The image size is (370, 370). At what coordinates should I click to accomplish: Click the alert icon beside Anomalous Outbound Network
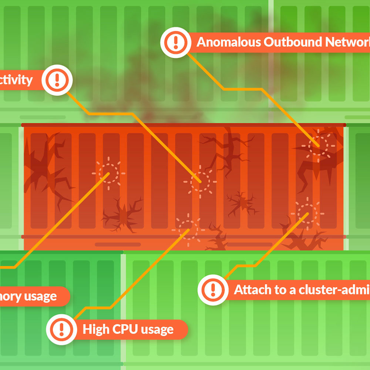coord(175,42)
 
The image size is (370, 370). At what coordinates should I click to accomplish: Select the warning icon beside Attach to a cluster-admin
coord(213,289)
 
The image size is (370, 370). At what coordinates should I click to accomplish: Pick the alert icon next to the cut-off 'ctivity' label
coord(57,80)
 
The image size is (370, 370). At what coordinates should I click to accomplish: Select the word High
coord(94,329)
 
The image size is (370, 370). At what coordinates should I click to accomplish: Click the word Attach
coord(253,289)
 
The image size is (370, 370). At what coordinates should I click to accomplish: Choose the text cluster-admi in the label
coord(333,289)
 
